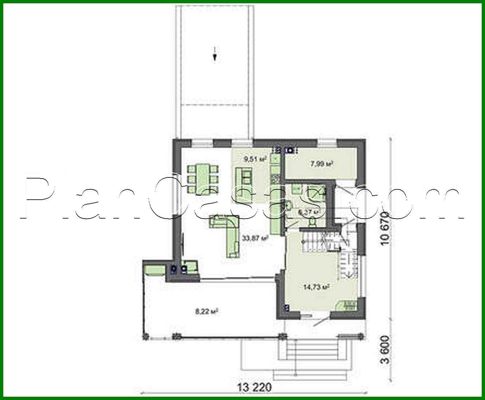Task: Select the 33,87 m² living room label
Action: (x=255, y=239)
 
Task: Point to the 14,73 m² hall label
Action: (x=316, y=287)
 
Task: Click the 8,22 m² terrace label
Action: (x=207, y=311)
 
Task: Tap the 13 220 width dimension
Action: (x=255, y=387)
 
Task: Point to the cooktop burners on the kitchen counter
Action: (x=275, y=179)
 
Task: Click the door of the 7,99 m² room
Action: (x=344, y=189)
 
